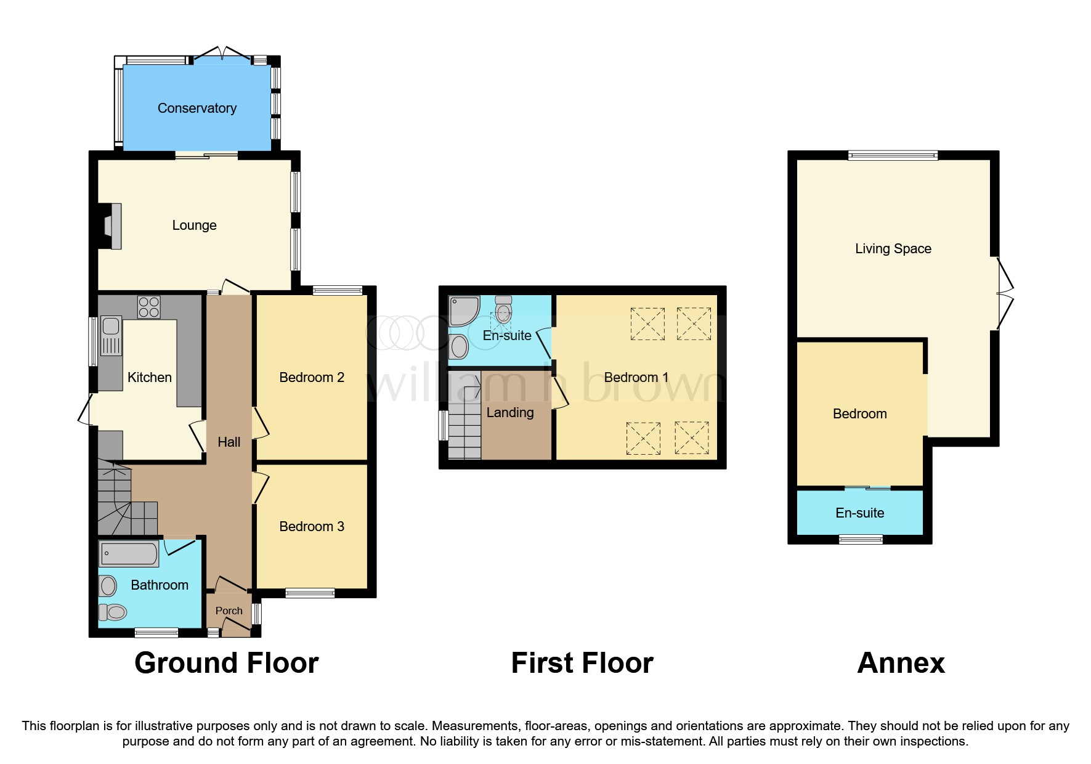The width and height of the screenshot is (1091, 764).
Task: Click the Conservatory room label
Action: pyautogui.click(x=197, y=108)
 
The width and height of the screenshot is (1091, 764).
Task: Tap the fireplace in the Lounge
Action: pyautogui.click(x=112, y=225)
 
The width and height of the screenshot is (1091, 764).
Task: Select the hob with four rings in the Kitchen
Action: pyautogui.click(x=149, y=307)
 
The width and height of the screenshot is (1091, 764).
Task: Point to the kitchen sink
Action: pyautogui.click(x=112, y=336)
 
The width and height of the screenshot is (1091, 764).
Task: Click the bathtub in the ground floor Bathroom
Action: pyautogui.click(x=129, y=553)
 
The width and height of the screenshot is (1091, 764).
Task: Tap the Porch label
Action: pyautogui.click(x=229, y=611)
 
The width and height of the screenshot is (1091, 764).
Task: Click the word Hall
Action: pyautogui.click(x=229, y=442)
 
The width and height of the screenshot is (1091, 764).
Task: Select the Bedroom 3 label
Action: pyautogui.click(x=312, y=526)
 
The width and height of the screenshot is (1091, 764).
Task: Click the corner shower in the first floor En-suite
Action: pyautogui.click(x=463, y=311)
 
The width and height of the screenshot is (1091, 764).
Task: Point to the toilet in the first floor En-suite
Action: pyautogui.click(x=503, y=309)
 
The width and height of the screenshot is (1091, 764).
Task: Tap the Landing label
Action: pyautogui.click(x=510, y=413)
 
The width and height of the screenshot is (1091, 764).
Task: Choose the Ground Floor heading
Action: pyautogui.click(x=227, y=663)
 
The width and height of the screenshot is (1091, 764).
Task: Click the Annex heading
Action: pyautogui.click(x=901, y=663)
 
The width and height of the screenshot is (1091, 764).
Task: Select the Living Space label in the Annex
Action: pyautogui.click(x=893, y=249)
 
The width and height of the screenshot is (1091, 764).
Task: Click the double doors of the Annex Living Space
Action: pyautogui.click(x=1002, y=293)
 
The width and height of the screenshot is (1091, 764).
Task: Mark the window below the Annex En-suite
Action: pyautogui.click(x=861, y=539)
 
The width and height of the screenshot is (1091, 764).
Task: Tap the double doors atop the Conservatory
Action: pyautogui.click(x=222, y=55)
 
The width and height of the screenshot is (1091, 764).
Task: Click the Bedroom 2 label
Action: pyautogui.click(x=312, y=377)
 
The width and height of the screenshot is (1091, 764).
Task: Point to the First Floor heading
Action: pyautogui.click(x=582, y=663)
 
